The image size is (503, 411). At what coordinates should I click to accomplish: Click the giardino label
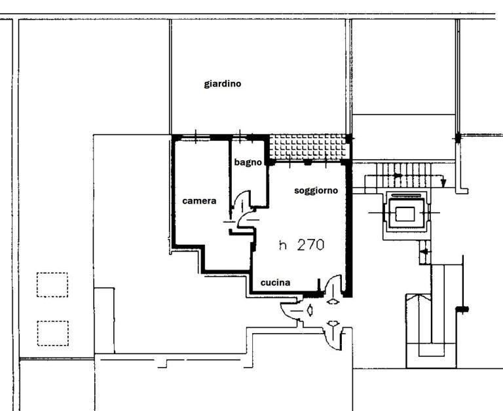pos(223,84)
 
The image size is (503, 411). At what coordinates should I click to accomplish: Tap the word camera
pos(199,201)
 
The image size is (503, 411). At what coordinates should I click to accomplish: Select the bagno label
pos(248,162)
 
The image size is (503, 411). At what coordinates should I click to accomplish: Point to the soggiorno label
pos(316,190)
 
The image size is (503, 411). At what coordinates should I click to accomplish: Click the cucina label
pos(276,283)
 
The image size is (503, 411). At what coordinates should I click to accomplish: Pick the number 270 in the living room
pos(310,245)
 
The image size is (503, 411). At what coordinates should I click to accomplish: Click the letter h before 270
pos(283,245)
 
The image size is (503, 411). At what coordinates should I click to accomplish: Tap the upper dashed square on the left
pos(52,285)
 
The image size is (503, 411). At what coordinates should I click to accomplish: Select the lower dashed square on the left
pos(53,333)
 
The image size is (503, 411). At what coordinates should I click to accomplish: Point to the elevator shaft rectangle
pos(405,214)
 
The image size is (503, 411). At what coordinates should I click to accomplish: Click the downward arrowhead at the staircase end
pos(443,183)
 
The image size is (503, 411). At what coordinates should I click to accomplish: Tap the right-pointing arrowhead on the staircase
pos(398,175)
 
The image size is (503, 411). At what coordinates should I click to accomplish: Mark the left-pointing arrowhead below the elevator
pos(424,252)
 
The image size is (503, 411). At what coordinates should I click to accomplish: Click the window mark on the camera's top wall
pos(196,137)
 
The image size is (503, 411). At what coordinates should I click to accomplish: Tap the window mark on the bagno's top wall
pos(240,137)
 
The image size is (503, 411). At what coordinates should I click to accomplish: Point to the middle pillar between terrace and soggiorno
pos(308,162)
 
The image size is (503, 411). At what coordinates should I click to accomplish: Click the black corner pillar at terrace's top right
pos(348,139)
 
